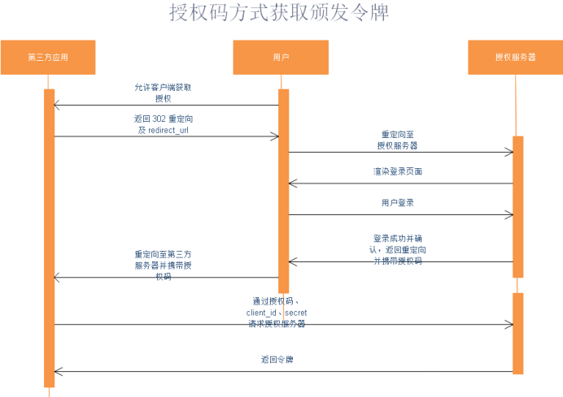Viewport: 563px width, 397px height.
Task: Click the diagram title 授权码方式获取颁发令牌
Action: [279, 14]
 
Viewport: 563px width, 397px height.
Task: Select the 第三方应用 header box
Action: [48, 58]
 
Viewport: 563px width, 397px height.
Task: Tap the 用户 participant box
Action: [281, 58]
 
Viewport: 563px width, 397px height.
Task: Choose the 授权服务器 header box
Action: [515, 58]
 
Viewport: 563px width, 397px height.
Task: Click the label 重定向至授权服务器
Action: [398, 139]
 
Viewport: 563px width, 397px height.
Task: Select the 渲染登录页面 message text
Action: [398, 172]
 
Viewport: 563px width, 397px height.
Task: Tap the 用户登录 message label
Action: [398, 202]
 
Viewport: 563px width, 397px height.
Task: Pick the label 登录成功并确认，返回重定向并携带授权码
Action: [398, 249]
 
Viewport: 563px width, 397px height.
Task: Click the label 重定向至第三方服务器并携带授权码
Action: [163, 265]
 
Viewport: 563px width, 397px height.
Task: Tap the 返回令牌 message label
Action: [277, 359]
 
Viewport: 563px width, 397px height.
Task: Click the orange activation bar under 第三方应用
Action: [50, 235]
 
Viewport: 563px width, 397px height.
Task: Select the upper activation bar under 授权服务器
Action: [518, 207]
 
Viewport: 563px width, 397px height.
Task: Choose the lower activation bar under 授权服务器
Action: [518, 333]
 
